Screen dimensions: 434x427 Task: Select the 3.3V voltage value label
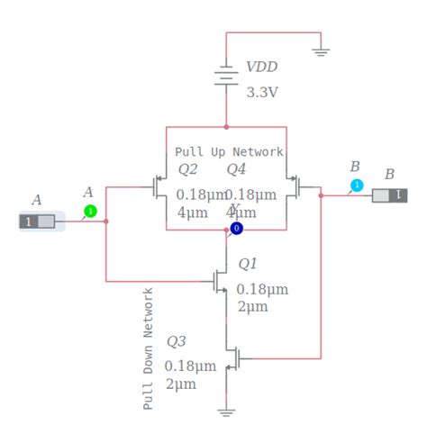264,92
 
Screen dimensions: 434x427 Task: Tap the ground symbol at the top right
321,50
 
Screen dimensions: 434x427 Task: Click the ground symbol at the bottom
226,411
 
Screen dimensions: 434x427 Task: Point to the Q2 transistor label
187,169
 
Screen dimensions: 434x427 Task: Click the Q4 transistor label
236,169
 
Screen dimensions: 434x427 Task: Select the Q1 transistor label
248,264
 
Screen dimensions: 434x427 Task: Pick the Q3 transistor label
177,341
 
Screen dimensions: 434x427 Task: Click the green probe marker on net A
90,212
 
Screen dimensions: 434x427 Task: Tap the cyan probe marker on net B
357,185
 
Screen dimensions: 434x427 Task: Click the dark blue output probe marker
237,230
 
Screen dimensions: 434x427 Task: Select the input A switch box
41,222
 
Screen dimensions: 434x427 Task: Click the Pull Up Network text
229,152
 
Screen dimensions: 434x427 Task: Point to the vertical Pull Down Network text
149,348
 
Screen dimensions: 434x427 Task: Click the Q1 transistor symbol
220,282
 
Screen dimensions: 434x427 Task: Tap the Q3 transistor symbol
232,357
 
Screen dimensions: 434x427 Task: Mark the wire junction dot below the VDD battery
226,127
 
